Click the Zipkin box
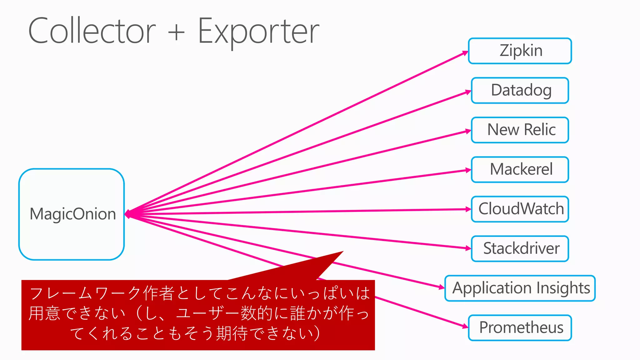coord(520,51)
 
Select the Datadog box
coord(520,90)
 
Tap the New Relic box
coord(520,130)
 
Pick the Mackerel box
coord(520,169)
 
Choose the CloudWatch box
coord(520,209)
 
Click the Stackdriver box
coord(520,248)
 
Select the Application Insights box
coord(520,288)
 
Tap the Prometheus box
coord(520,327)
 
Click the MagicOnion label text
coord(72,214)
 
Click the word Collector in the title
coord(92,31)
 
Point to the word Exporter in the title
coord(258,31)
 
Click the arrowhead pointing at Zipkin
coord(466,53)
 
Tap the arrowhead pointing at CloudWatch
coord(468,209)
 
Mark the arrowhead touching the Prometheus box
coord(466,327)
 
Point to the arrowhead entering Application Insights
coord(442,287)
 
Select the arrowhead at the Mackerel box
coord(468,170)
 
